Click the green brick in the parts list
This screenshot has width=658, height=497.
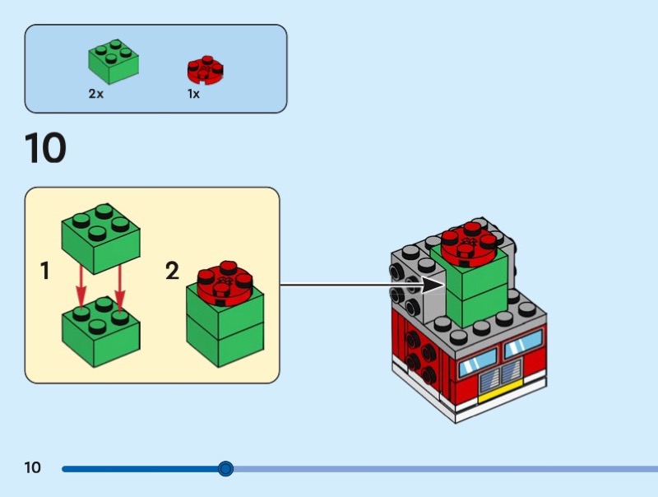coord(113,63)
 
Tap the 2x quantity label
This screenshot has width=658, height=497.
coord(96,94)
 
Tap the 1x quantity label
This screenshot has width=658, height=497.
coord(193,94)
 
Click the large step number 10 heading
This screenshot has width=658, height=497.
coord(45,149)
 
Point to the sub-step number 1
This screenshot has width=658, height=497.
coord(45,271)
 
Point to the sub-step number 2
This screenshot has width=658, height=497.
coord(172,271)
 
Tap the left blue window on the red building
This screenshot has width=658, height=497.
coord(477,363)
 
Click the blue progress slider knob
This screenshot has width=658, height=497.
coord(225,469)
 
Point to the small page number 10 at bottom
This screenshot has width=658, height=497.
coord(32,468)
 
